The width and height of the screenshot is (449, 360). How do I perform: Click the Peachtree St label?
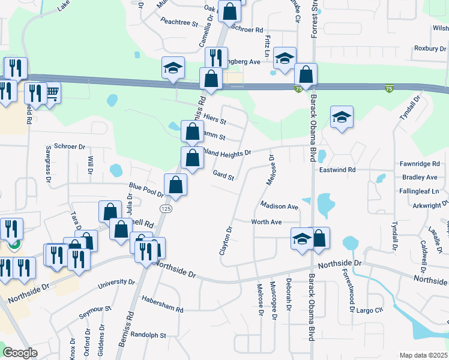(x=179, y=23)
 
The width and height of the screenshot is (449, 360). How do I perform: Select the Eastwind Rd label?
(x=337, y=170)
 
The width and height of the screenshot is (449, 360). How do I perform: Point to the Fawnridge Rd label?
(x=420, y=164)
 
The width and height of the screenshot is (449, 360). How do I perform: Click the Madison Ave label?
(x=279, y=206)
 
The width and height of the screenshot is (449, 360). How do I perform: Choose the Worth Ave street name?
(x=267, y=222)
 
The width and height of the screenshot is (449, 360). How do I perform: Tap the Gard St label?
(x=223, y=175)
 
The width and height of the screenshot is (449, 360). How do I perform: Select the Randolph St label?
(x=148, y=335)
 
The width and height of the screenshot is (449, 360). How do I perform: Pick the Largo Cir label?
(x=370, y=310)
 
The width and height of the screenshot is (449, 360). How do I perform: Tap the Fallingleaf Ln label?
(x=420, y=191)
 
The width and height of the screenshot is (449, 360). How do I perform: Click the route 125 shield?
(x=166, y=208)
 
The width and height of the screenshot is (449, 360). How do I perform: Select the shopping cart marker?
(x=52, y=92)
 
